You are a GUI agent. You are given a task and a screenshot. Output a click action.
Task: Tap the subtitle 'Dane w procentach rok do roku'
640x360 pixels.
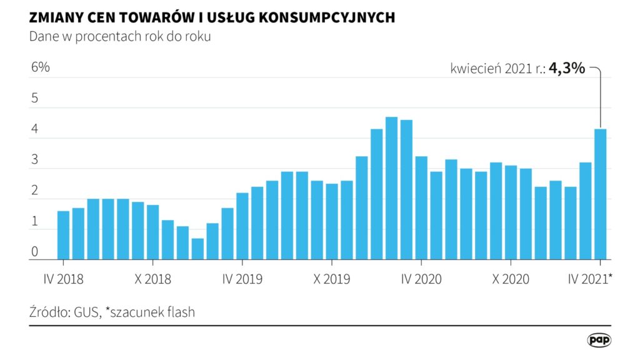[x=120, y=36]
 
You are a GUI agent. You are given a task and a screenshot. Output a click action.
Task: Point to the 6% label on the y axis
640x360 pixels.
[x=40, y=67]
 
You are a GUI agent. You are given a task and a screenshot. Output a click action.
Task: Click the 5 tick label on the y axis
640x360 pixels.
[x=35, y=99]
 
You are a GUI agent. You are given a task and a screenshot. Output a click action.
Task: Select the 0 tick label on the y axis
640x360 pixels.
[x=35, y=252]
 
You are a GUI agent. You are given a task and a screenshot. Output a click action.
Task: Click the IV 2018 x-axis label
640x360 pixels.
[x=63, y=279]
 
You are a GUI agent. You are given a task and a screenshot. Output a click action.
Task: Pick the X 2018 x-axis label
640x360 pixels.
[x=153, y=279]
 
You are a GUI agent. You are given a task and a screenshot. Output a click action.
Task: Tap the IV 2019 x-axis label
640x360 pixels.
[x=242, y=279]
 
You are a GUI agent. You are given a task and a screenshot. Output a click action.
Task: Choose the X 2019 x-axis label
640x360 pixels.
[x=332, y=279]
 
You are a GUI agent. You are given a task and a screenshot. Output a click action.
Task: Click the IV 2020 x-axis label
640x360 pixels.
[x=422, y=279]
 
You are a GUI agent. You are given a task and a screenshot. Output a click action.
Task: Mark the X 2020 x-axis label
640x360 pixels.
[x=511, y=279]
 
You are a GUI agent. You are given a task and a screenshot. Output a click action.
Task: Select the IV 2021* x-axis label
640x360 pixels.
[x=590, y=279]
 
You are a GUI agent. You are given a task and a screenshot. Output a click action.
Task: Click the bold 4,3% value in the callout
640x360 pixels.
[x=567, y=69]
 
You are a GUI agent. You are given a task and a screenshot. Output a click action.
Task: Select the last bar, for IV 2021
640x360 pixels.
[x=601, y=194]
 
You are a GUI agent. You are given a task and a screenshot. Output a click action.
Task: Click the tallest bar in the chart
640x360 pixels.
[x=392, y=187]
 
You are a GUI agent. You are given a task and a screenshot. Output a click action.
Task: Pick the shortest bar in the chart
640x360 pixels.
[x=197, y=248]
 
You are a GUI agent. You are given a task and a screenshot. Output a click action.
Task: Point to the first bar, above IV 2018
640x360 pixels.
[x=63, y=234]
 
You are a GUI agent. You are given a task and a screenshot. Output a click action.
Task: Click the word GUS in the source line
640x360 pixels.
[x=87, y=312]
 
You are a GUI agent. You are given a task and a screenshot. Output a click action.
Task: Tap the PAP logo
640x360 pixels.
[x=599, y=340]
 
